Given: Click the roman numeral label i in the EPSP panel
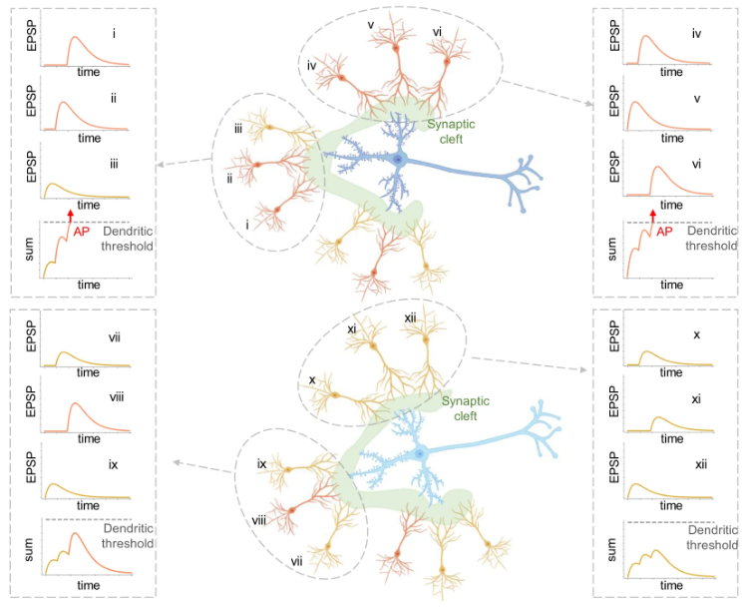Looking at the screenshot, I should pos(115,34).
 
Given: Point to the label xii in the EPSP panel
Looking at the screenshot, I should pos(701,464).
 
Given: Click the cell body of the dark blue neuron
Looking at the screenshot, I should pos(398,160).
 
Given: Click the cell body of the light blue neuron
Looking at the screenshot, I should pos(420,454).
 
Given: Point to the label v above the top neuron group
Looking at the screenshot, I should pos(370,23).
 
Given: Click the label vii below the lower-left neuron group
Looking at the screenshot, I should pos(296,562).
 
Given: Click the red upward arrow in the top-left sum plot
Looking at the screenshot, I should pos(70,215).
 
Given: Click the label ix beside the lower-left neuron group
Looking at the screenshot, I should pos(261,463).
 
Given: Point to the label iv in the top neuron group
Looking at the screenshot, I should pos(311,66).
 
